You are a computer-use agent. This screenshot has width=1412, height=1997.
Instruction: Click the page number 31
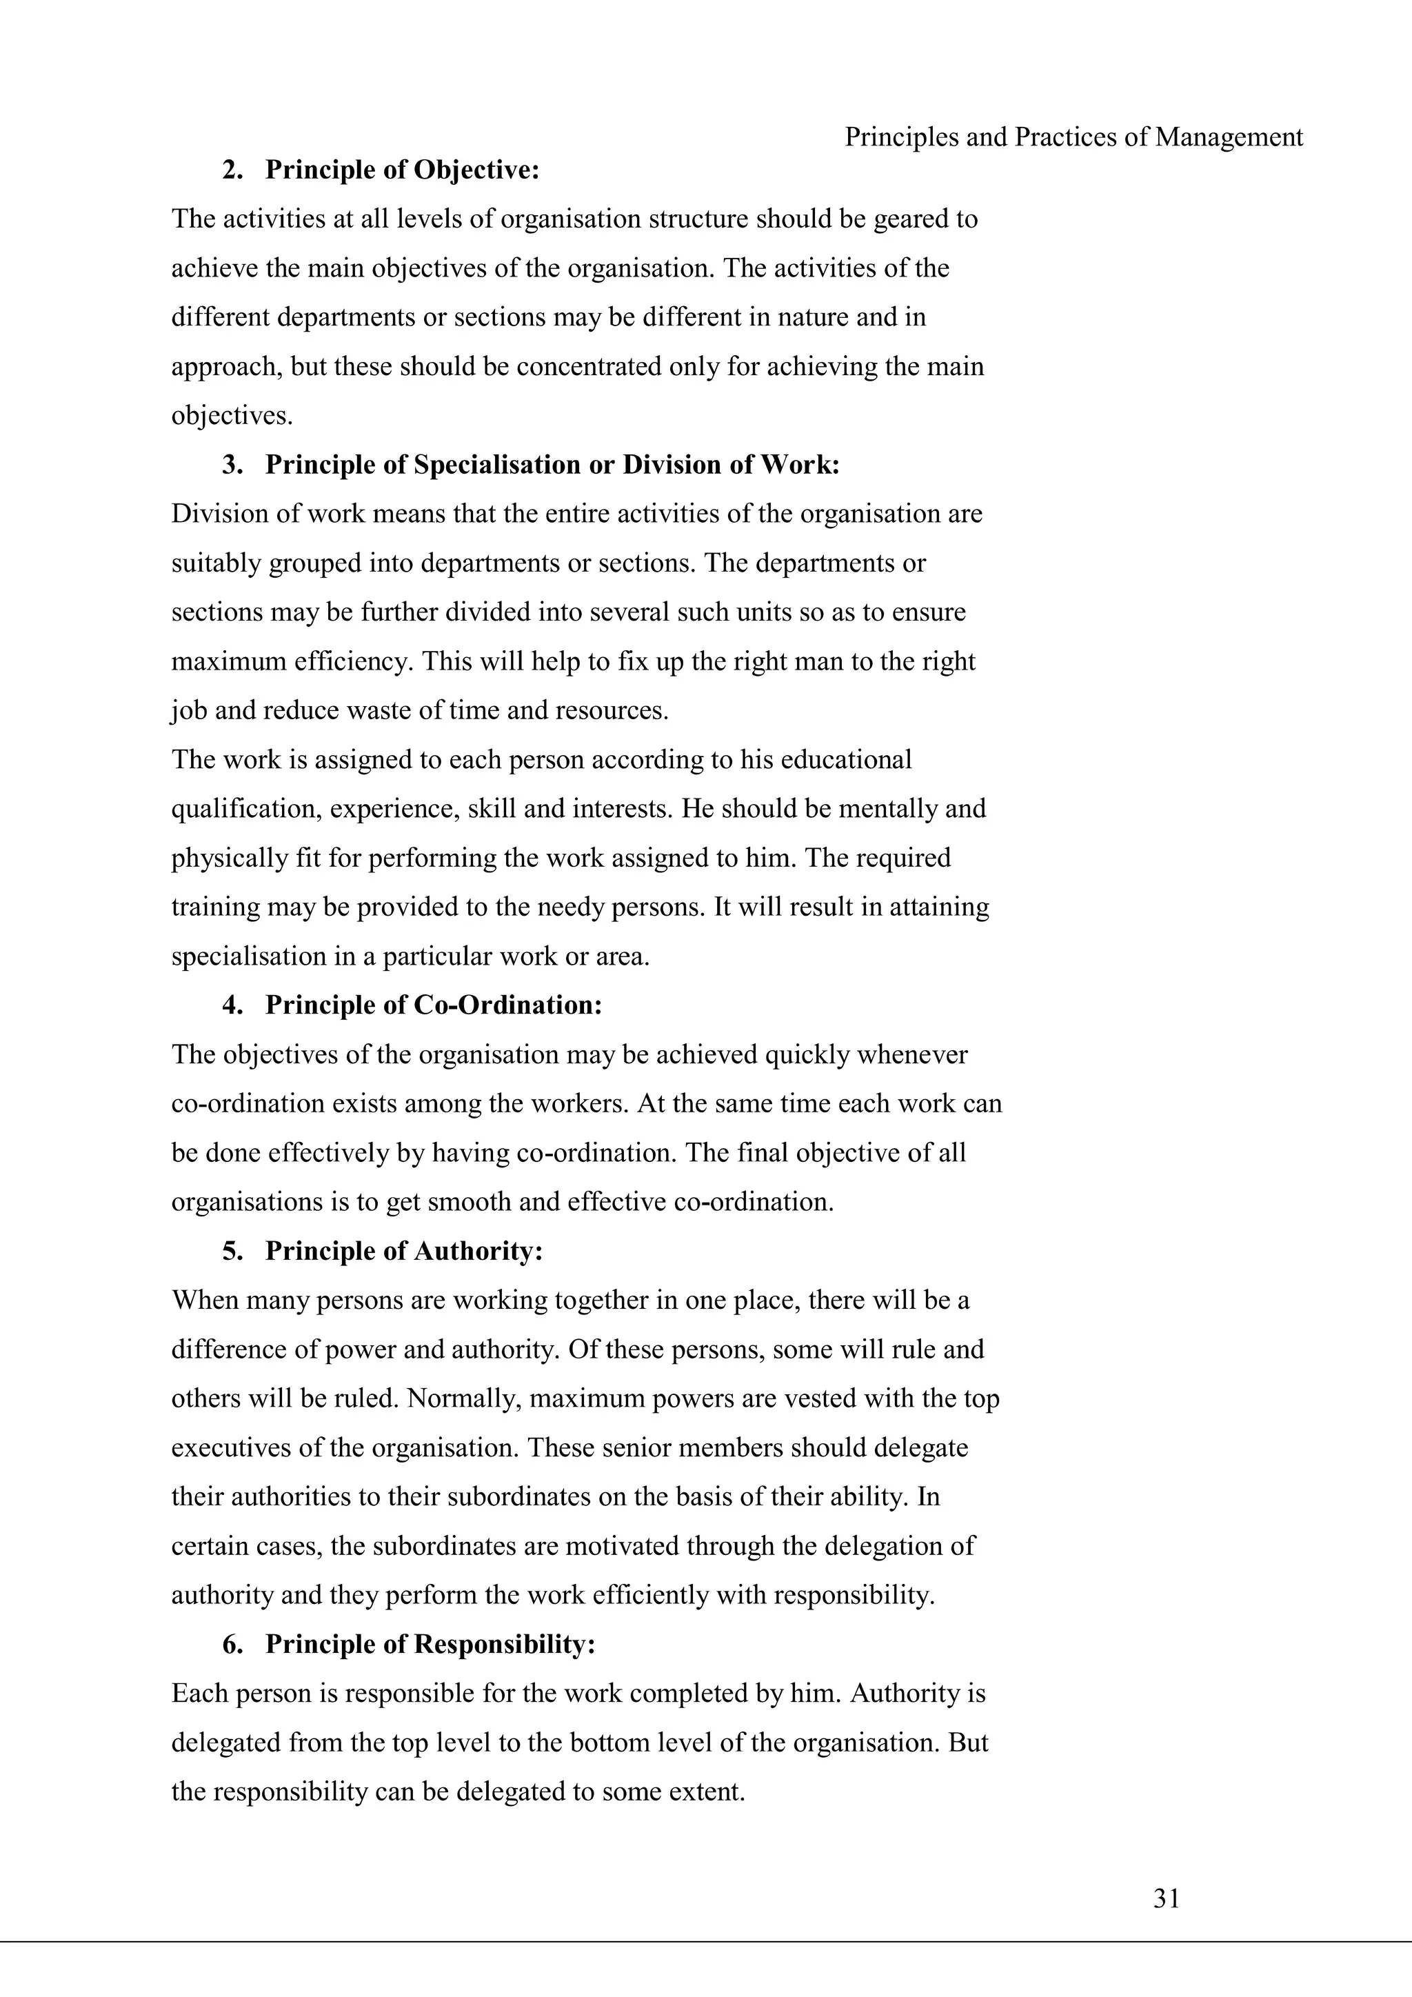pos(1166,1898)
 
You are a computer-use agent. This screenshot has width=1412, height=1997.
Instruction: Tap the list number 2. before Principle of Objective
pos(232,170)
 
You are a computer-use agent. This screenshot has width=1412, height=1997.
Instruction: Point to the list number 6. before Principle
pos(232,1644)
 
